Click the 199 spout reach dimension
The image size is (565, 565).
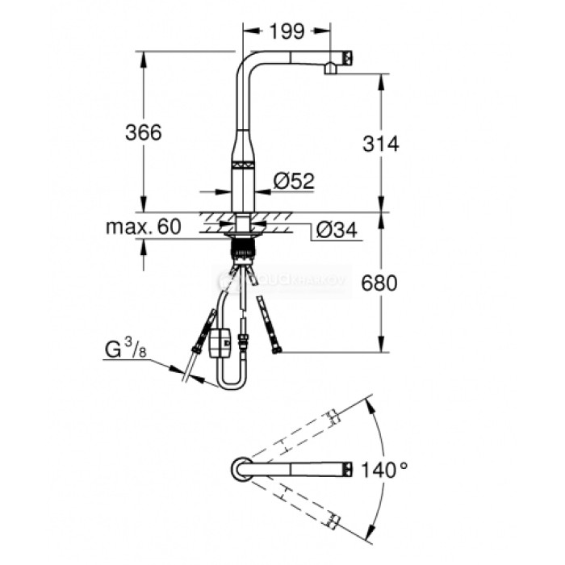286,31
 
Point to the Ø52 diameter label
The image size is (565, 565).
293,182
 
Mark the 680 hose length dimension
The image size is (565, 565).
381,283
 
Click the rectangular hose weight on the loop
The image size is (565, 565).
219,341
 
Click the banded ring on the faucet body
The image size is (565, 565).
244,165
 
